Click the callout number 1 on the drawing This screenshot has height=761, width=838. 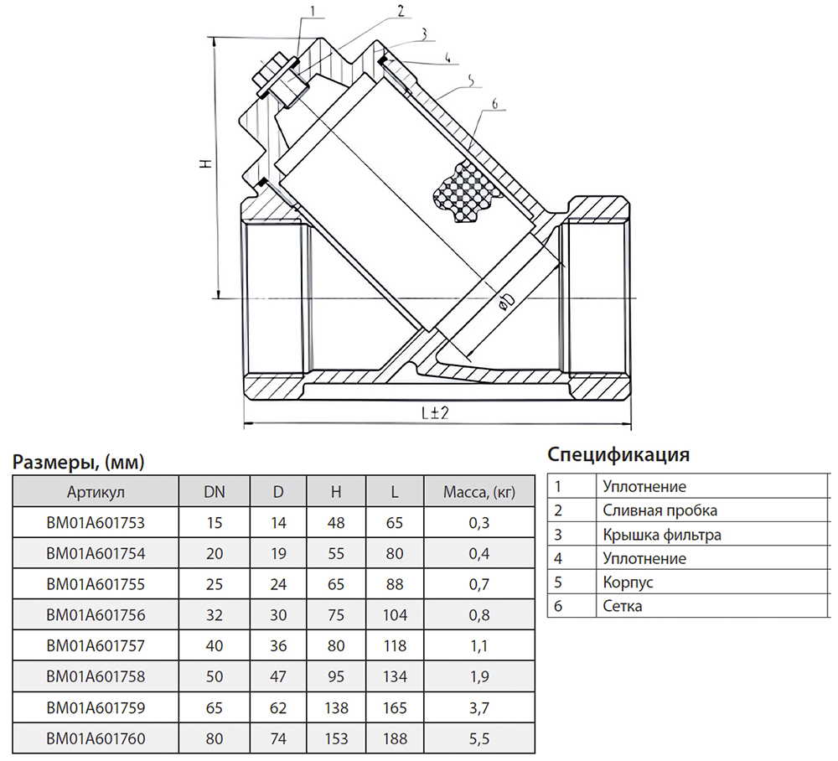313,11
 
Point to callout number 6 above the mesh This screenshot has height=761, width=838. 494,104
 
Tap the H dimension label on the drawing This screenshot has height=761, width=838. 206,163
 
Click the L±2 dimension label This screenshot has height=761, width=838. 435,412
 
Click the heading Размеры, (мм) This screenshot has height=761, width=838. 79,462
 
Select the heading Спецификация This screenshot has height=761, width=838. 618,455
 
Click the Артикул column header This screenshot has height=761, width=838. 96,492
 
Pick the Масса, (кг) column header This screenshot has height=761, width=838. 478,492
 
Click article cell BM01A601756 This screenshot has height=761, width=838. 96,615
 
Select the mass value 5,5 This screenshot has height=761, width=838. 478,738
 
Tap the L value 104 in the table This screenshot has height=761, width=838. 395,615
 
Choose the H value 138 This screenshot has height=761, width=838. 336,708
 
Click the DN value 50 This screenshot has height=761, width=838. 215,676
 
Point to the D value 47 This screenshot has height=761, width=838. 278,676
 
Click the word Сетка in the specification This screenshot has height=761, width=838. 622,606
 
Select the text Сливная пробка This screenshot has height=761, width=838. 660,510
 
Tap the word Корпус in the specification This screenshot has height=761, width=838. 628,582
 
